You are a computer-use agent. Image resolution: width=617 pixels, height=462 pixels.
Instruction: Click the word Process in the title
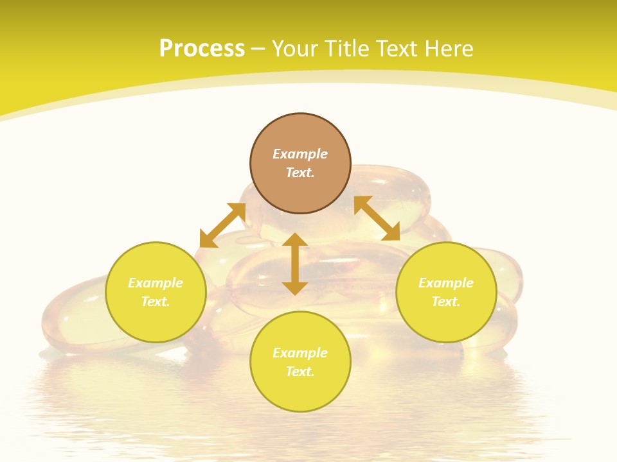(202, 49)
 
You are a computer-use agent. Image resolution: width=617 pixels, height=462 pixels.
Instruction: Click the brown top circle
(300, 163)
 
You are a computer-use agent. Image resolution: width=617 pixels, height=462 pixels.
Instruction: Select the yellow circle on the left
(156, 292)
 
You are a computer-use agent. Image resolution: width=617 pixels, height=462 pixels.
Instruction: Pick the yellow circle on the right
(446, 292)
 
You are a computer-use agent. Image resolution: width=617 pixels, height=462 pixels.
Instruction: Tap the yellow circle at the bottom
(300, 361)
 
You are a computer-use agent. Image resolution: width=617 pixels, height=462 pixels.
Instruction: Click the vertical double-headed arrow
(295, 264)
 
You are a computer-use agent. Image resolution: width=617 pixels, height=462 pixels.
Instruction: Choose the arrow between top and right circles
(377, 218)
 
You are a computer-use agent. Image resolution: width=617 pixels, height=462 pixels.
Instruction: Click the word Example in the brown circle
(300, 154)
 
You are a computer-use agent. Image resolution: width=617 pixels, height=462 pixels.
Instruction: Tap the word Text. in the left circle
(156, 302)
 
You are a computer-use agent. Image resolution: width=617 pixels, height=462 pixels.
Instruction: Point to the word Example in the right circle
(446, 283)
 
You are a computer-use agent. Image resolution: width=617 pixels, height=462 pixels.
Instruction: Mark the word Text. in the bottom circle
(300, 372)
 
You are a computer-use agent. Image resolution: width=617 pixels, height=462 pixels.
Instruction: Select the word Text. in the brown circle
(300, 173)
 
